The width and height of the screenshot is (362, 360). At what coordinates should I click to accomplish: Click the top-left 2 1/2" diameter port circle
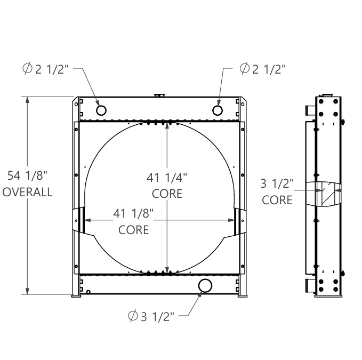point(101,110)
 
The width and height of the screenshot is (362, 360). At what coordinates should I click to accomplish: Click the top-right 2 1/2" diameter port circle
point(217,110)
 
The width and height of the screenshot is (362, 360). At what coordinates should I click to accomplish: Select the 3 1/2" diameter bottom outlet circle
point(205,286)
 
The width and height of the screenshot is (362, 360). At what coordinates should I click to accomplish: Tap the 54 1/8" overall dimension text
point(27,175)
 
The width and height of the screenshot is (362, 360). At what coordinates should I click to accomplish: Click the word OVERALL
point(28,192)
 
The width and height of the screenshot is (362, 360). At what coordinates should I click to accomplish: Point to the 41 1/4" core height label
point(167,178)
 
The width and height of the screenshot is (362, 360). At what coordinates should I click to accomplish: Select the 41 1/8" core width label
point(133,213)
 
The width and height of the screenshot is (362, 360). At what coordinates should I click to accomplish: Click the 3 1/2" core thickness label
point(277,183)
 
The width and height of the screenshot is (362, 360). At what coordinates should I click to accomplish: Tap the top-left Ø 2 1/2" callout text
point(46,69)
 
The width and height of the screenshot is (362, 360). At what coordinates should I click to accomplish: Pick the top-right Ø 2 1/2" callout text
point(262,69)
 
